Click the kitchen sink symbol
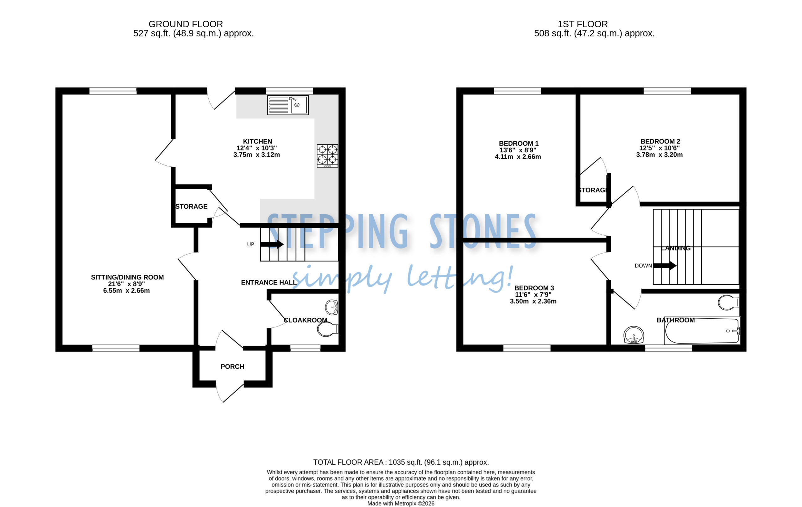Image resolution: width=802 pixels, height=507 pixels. (x=288, y=105)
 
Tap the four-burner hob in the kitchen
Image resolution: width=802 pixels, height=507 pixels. (x=327, y=155)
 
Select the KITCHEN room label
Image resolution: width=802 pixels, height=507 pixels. (x=258, y=141)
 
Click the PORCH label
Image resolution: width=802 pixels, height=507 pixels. (x=232, y=366)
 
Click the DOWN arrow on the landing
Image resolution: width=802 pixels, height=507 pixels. (x=665, y=265)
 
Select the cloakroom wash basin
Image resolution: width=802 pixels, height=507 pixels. (x=332, y=307)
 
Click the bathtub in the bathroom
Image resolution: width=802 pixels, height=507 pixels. (x=702, y=331)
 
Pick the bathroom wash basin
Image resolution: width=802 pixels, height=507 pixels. (x=633, y=335)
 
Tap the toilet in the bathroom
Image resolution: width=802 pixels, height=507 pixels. (x=729, y=302)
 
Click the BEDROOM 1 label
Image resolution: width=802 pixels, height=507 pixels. (x=518, y=143)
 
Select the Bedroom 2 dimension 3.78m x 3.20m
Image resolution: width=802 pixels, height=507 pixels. (x=659, y=154)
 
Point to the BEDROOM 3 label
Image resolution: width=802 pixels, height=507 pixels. (x=534, y=288)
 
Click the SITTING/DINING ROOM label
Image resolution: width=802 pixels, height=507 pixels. (x=127, y=277)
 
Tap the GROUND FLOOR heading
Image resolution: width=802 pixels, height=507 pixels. (x=185, y=24)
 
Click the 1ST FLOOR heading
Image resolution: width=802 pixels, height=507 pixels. (x=583, y=24)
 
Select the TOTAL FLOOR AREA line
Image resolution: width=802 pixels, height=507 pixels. (x=401, y=462)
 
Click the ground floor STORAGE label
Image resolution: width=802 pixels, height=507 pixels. (x=191, y=206)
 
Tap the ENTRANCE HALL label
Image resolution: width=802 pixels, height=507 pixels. (x=269, y=282)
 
